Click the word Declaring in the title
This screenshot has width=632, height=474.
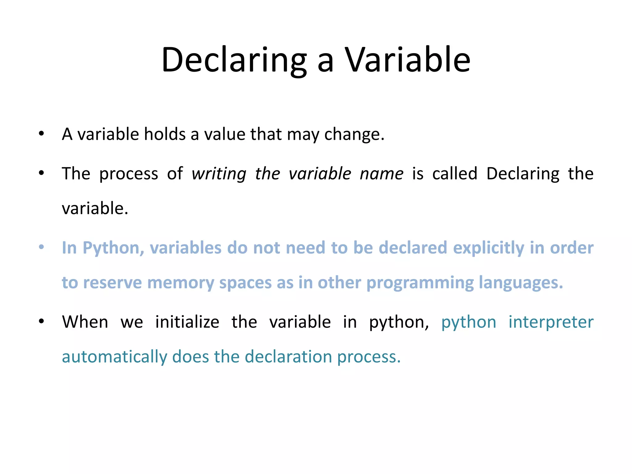point(234,60)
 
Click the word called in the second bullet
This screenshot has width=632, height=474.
point(455,173)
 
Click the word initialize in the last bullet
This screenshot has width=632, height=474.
point(187,322)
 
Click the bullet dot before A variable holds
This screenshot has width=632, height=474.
point(41,134)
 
